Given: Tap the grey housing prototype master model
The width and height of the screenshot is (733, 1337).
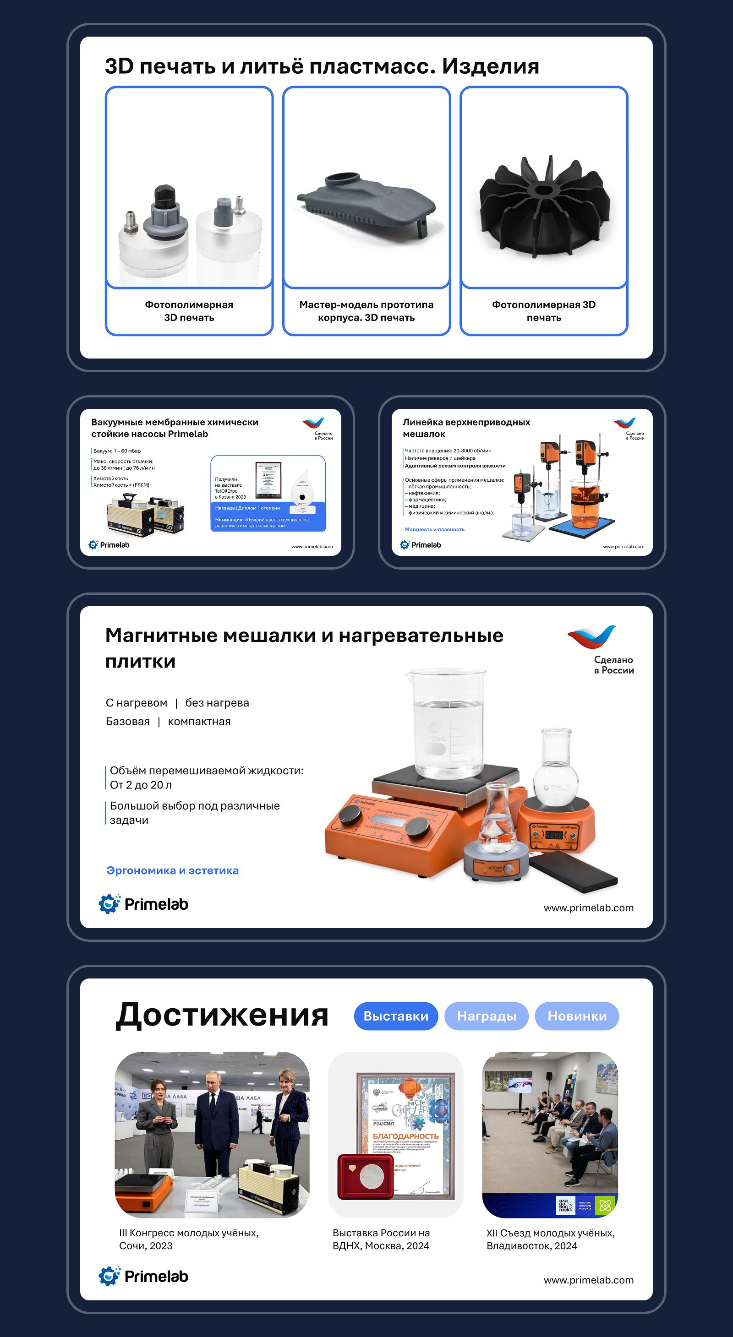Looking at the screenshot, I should click(366, 205).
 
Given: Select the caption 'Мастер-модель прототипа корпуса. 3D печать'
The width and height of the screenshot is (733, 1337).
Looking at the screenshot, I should click(366, 311).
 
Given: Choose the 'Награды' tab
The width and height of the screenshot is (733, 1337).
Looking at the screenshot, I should click(487, 1016).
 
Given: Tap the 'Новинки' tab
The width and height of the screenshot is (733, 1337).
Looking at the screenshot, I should click(577, 1016).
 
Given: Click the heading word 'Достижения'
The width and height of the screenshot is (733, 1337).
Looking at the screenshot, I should click(222, 1015).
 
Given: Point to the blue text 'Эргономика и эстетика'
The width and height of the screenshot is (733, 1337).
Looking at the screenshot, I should click(172, 870).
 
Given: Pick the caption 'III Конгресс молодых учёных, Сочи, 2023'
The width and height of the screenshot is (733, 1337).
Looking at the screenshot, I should click(189, 1239).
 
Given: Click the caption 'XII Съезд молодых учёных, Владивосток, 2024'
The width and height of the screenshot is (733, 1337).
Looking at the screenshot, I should click(550, 1239).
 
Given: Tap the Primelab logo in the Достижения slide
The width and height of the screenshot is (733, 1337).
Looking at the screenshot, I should click(144, 1276).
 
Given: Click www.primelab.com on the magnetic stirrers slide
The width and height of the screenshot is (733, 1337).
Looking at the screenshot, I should click(588, 908).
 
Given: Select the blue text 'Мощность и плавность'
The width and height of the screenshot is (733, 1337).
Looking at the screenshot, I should click(434, 529).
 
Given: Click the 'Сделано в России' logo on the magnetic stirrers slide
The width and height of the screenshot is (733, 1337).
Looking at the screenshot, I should click(602, 649).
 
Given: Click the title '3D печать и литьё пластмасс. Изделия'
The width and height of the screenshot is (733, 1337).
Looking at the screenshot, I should click(322, 66).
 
